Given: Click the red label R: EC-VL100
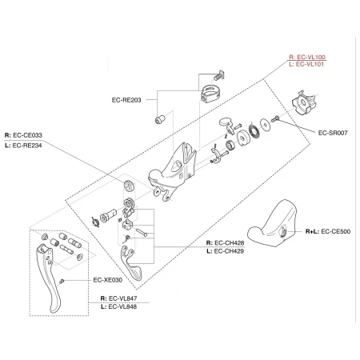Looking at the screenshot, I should [x=306, y=57].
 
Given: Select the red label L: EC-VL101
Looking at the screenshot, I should [x=306, y=64].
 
